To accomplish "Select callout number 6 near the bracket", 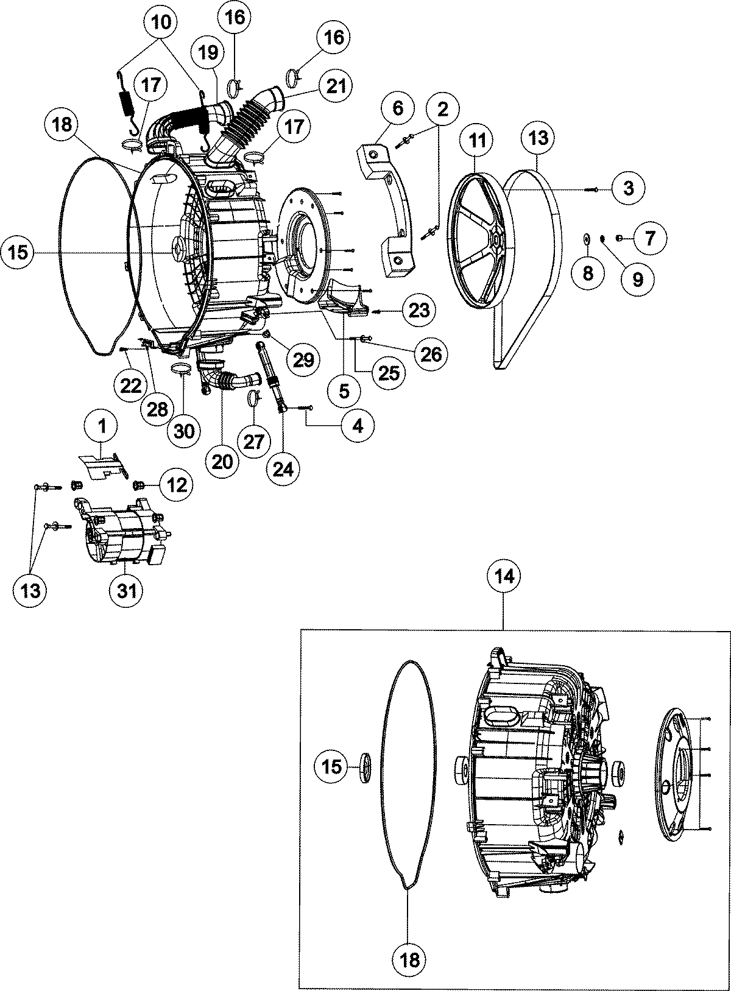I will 397,109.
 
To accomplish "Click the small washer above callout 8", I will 587,238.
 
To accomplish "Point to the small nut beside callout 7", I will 619,238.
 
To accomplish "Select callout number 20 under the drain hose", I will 223,462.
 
